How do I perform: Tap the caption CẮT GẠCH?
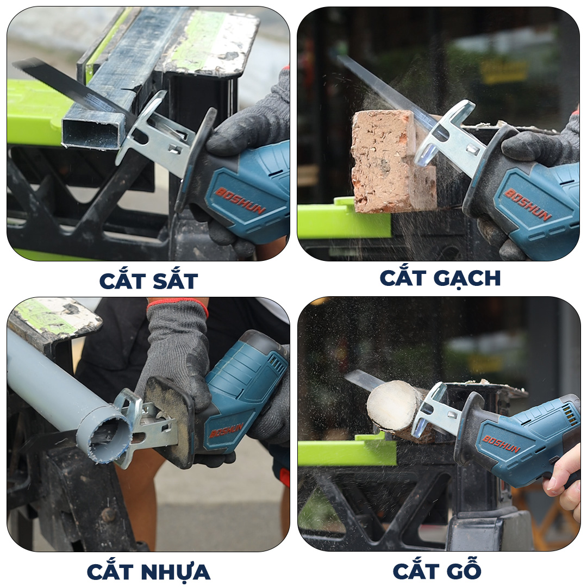tap(440, 278)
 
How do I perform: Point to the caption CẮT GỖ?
tap(437, 569)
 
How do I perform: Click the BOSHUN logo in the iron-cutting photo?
tap(240, 200)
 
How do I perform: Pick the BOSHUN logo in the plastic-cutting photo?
tap(226, 430)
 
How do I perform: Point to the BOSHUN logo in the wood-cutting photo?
tap(501, 444)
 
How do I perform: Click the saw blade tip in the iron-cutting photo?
tap(15, 64)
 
